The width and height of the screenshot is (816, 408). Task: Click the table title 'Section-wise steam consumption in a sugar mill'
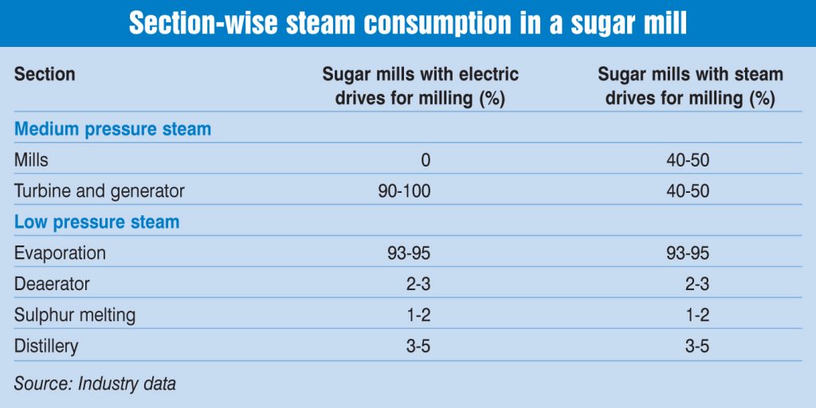[408, 24]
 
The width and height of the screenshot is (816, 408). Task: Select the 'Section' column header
[45, 75]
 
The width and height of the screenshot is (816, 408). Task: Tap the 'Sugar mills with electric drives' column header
[420, 86]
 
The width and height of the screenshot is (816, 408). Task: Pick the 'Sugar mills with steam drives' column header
[690, 86]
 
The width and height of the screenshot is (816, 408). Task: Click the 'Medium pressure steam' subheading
[112, 129]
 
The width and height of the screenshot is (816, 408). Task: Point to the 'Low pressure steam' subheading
[96, 222]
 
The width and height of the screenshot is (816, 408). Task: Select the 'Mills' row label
[31, 160]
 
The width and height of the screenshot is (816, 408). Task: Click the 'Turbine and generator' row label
[99, 191]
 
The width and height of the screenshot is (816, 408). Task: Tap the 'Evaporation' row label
[60, 253]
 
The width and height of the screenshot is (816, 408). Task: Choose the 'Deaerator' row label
[52, 284]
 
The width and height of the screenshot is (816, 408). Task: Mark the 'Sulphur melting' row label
[75, 315]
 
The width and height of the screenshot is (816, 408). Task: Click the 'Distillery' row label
[46, 346]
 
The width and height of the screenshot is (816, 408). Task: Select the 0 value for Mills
[426, 160]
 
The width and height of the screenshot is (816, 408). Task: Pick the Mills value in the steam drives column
[688, 160]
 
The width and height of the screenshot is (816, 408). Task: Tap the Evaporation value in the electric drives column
[409, 253]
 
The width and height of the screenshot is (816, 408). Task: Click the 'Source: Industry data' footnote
[95, 383]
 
